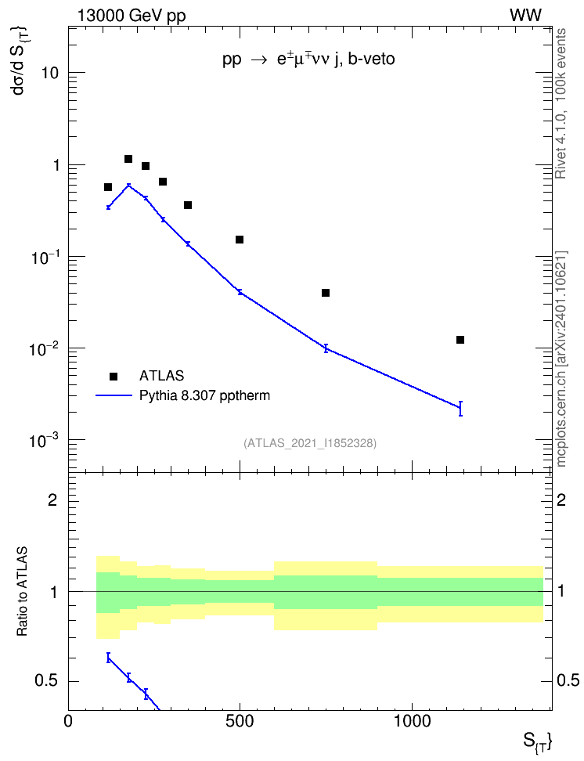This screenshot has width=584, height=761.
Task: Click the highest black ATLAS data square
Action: [x=128, y=159]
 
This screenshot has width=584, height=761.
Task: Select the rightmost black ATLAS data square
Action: [x=460, y=340]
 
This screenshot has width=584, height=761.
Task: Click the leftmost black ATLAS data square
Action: [x=108, y=187]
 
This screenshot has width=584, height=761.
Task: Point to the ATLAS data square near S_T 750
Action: [x=325, y=293]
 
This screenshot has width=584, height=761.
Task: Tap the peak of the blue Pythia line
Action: [x=128, y=185]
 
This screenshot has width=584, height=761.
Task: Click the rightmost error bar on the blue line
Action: [x=460, y=409]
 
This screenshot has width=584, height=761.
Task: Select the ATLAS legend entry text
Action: [x=161, y=376]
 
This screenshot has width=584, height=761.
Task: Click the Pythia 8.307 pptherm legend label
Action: [x=204, y=395]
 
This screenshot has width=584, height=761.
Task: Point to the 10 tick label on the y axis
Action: [x=49, y=73]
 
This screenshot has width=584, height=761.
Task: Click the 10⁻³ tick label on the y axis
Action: [x=44, y=441]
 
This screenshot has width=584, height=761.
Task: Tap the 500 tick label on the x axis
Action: [x=240, y=721]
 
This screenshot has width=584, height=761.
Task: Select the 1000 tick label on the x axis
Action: [x=412, y=721]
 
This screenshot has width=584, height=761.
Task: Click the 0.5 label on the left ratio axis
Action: [x=47, y=681]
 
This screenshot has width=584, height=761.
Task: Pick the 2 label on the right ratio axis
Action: [x=561, y=500]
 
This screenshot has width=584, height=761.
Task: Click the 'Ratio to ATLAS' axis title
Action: [x=22, y=591]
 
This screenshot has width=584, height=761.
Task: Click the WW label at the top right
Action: [x=525, y=16]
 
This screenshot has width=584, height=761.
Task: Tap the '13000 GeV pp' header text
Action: [x=132, y=16]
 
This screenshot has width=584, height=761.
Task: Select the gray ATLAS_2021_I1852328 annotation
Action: [x=310, y=443]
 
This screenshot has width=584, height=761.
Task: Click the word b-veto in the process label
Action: [x=371, y=60]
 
